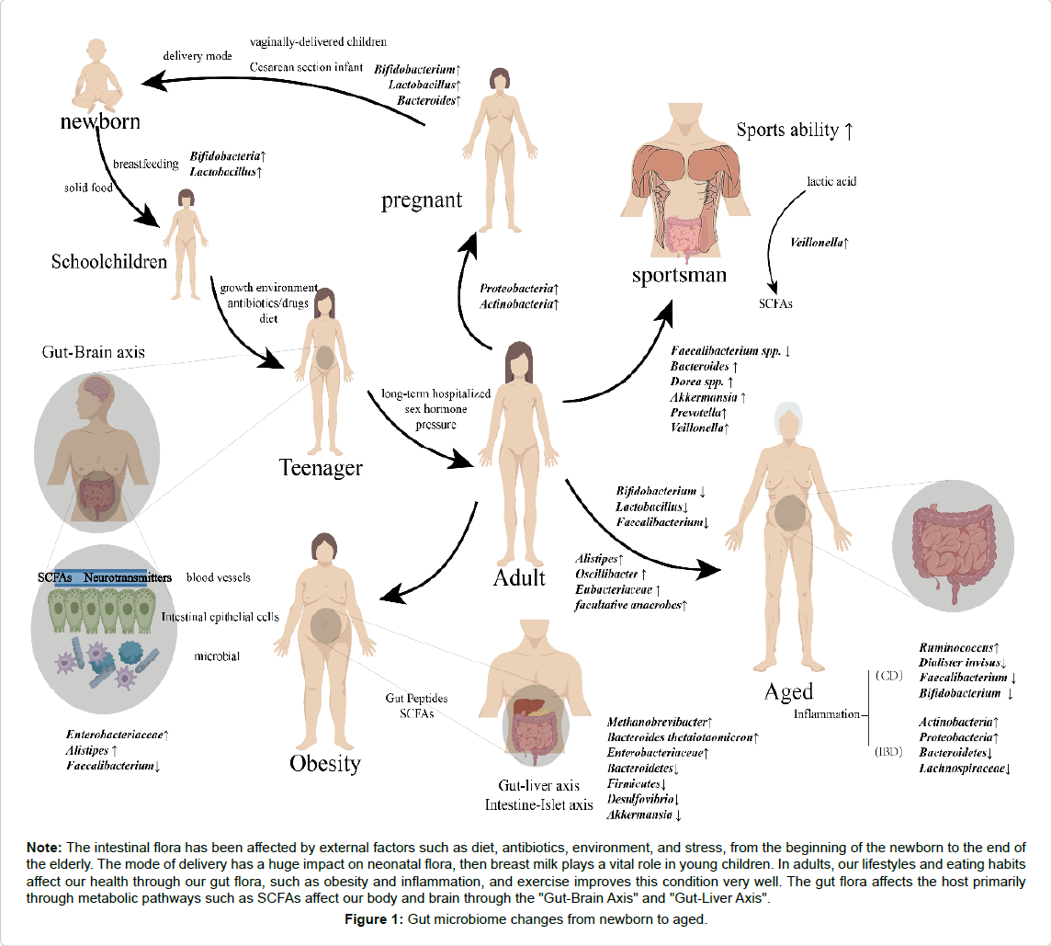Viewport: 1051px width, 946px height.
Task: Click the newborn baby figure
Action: [97, 74]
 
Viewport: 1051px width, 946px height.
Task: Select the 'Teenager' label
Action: [321, 468]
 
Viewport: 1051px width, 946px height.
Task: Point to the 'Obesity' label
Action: [324, 763]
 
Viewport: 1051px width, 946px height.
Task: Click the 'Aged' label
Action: [788, 691]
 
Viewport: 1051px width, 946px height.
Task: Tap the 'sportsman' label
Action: [679, 275]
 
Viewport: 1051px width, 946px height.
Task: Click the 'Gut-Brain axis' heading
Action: [94, 351]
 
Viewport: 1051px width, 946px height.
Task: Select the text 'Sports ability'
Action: [787, 130]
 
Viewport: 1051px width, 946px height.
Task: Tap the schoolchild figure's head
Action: [186, 198]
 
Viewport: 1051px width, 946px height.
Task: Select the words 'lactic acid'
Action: [831, 181]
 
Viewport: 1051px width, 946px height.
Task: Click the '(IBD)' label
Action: [887, 751]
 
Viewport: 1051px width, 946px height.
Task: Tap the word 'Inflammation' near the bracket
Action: [827, 714]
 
